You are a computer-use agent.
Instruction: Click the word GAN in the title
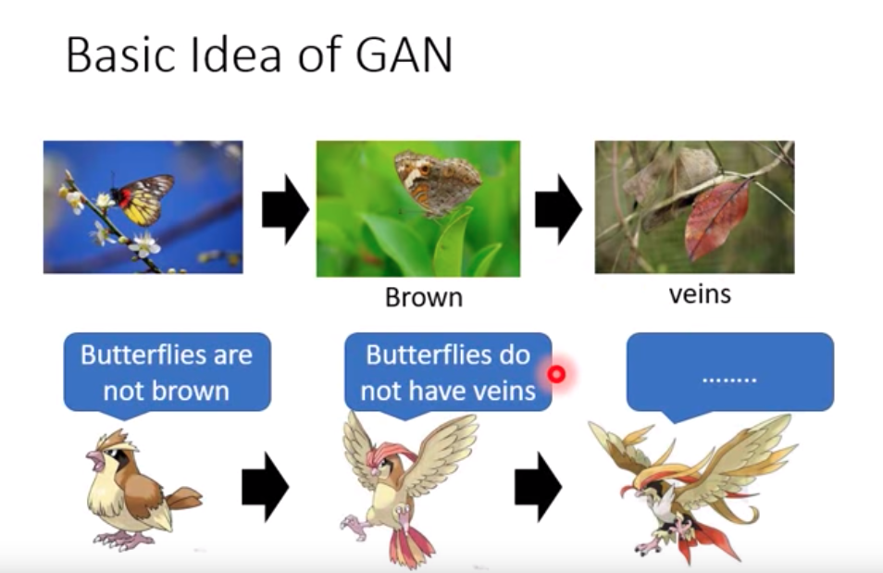[404, 56]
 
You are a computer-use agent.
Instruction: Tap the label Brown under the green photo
[424, 297]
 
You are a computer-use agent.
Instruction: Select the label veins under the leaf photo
[700, 294]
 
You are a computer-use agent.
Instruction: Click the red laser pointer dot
[556, 374]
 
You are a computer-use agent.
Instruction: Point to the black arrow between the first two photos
[285, 209]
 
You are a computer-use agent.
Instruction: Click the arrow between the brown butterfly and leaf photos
[558, 209]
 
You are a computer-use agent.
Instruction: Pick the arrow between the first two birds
[266, 487]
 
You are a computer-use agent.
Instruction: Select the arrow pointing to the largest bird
[538, 487]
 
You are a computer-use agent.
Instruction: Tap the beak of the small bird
[93, 459]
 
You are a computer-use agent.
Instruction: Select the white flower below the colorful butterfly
[144, 245]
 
